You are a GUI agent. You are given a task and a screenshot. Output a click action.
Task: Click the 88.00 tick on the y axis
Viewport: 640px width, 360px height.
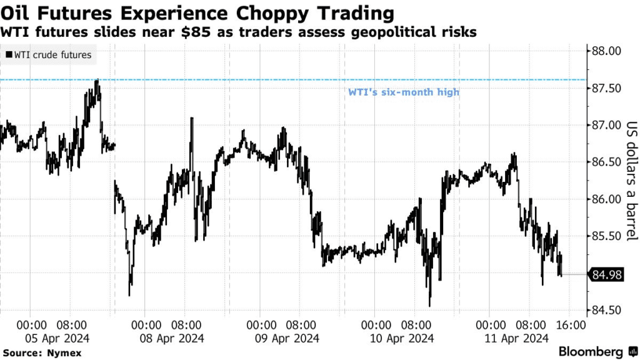click(606, 51)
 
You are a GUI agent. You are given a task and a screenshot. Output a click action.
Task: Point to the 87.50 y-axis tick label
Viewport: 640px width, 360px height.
click(606, 88)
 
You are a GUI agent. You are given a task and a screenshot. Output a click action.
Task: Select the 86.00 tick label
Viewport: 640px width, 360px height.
click(606, 199)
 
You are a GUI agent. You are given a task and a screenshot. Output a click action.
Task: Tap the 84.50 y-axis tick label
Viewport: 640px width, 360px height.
click(606, 311)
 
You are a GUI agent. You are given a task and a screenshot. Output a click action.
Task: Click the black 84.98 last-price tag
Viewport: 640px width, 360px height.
click(606, 274)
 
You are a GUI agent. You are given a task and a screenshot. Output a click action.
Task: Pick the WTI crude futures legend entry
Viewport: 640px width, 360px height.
click(49, 55)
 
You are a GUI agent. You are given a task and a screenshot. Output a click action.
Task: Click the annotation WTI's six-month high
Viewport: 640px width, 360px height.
click(403, 92)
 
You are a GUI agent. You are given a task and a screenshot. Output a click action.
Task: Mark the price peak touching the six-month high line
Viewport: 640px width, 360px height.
click(97, 81)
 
